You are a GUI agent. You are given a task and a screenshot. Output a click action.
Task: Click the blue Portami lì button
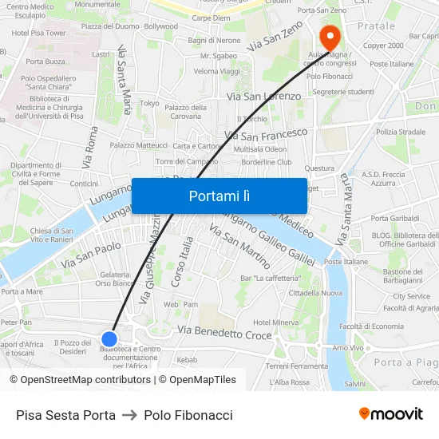[219, 196]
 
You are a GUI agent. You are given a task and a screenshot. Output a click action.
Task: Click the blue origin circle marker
[110, 338]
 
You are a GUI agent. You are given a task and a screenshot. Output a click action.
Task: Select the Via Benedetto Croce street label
[224, 332]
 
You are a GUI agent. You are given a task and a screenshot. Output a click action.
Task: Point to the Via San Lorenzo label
[264, 97]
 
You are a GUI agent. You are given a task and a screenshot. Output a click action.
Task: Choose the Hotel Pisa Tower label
[38, 34]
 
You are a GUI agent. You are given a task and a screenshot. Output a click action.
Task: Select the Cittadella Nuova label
[315, 293]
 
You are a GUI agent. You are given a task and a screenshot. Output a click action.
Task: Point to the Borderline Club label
[267, 162]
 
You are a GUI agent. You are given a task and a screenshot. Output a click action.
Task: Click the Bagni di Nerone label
[213, 41]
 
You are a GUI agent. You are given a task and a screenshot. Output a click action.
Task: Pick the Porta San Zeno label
[322, 10]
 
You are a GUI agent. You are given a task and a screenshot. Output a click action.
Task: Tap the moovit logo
[390, 414]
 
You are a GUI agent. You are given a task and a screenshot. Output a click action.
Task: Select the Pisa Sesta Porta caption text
[65, 415]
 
